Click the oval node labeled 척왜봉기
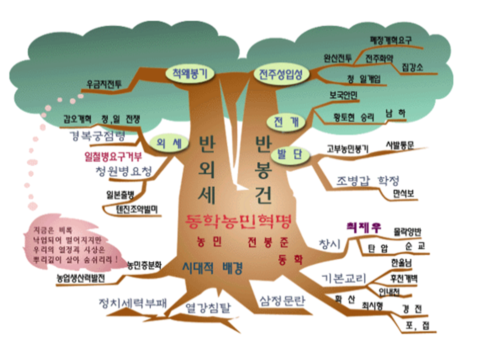click(190, 73)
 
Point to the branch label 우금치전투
click(104, 83)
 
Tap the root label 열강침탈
click(205, 306)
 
